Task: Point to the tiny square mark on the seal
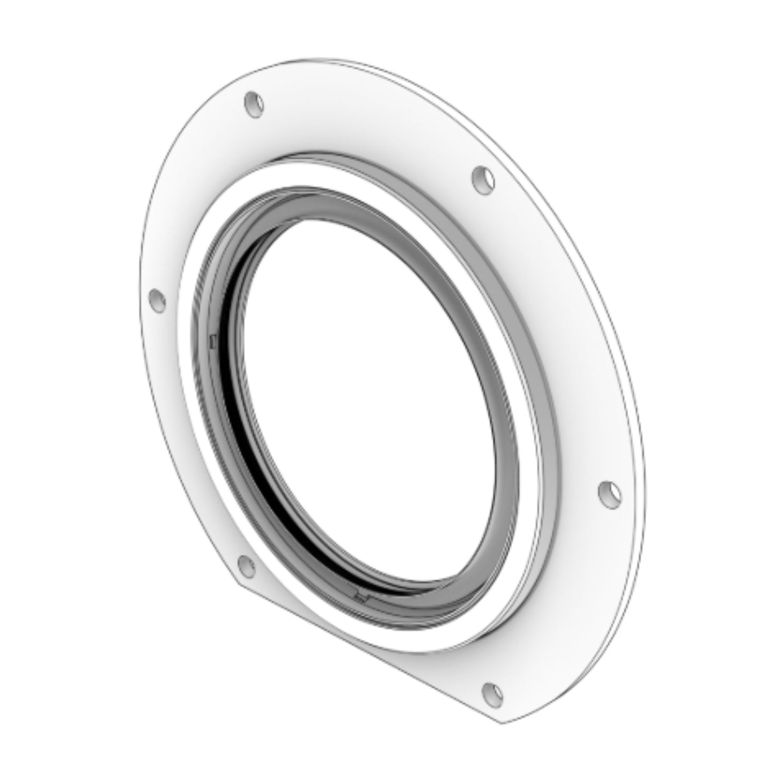click(x=213, y=339)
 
